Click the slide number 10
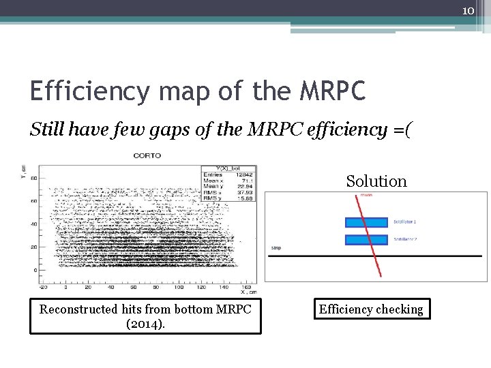pyautogui.click(x=468, y=11)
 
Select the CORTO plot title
pyautogui.click(x=147, y=155)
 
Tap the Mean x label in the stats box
pyautogui.click(x=213, y=181)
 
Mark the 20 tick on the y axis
pyautogui.click(x=33, y=247)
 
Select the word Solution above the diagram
pyautogui.click(x=376, y=181)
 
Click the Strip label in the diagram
pyautogui.click(x=276, y=248)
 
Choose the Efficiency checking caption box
pyautogui.click(x=370, y=309)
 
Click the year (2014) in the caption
pyautogui.click(x=145, y=323)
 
